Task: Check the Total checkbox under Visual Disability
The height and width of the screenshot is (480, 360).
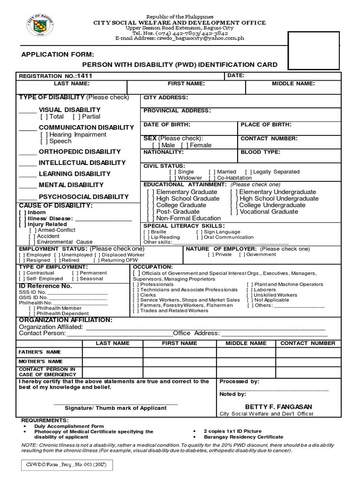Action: [x=44, y=116]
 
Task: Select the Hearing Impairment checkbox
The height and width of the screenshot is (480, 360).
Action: [x=44, y=135]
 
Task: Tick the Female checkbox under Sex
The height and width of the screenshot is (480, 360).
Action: [x=184, y=145]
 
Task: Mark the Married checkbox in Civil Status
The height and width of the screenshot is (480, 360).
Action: [x=212, y=172]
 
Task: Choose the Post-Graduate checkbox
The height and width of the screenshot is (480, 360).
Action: [x=150, y=212]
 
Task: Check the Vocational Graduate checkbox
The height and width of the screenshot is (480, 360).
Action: [x=234, y=212]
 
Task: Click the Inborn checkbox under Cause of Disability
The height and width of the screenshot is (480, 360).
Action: [x=22, y=212]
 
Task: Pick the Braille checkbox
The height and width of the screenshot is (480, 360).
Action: [x=147, y=232]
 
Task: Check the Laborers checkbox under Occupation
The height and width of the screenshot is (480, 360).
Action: [x=249, y=290]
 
